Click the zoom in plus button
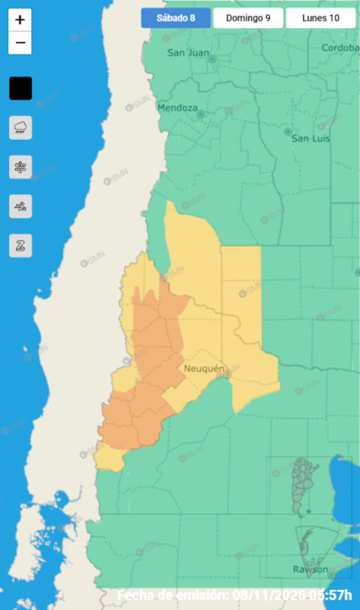pyautogui.click(x=20, y=20)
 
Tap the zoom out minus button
pyautogui.click(x=20, y=42)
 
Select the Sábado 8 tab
pyautogui.click(x=176, y=18)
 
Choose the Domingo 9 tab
pyautogui.click(x=248, y=18)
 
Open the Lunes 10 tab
pyautogui.click(x=321, y=18)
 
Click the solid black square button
pyautogui.click(x=20, y=89)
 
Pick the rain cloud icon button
pyautogui.click(x=20, y=128)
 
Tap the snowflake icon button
pyautogui.click(x=20, y=167)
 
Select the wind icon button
pyautogui.click(x=20, y=206)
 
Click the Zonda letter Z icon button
pyautogui.click(x=20, y=246)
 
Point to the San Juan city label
pyautogui.click(x=188, y=53)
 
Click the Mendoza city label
pyautogui.click(x=177, y=108)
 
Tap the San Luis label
pyautogui.click(x=311, y=139)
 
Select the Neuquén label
pyautogui.click(x=204, y=369)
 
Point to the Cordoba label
pyautogui.click(x=340, y=48)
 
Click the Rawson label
pyautogui.click(x=310, y=569)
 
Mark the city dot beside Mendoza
pyautogui.click(x=201, y=114)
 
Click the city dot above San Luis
pyautogui.click(x=288, y=131)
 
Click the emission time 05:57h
pyautogui.click(x=330, y=595)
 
